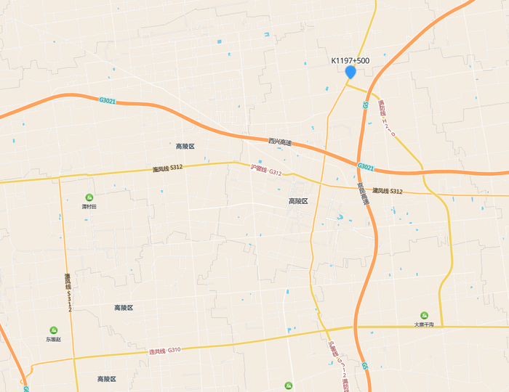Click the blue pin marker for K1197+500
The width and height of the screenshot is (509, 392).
[350, 72]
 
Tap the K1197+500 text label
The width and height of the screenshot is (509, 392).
[350, 61]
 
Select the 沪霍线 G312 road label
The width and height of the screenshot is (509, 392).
[265, 170]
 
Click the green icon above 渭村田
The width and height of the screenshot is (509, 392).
[89, 197]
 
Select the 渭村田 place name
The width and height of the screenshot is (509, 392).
[89, 207]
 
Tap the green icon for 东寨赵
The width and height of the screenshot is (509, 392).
[54, 330]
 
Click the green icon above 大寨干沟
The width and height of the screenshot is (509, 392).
[424, 316]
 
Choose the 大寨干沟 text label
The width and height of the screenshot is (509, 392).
[424, 324]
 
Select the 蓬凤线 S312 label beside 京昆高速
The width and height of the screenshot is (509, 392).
[388, 191]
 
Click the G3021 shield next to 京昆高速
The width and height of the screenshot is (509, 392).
[366, 167]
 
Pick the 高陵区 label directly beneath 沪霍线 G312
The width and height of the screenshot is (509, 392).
[298, 201]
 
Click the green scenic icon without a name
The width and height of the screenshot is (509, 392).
[289, 385]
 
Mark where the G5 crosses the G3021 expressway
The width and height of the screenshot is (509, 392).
[358, 163]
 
